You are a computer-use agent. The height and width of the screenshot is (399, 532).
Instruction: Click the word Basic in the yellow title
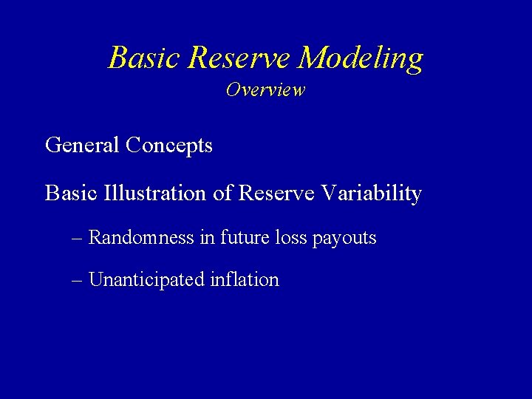pyautogui.click(x=144, y=58)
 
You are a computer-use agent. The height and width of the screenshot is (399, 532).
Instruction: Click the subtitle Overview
pyautogui.click(x=265, y=90)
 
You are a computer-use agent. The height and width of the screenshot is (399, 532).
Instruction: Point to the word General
pyautogui.click(x=83, y=145)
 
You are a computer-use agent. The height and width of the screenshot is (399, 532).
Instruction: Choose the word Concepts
pyautogui.click(x=169, y=145)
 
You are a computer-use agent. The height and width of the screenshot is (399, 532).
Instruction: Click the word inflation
pyautogui.click(x=245, y=280)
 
